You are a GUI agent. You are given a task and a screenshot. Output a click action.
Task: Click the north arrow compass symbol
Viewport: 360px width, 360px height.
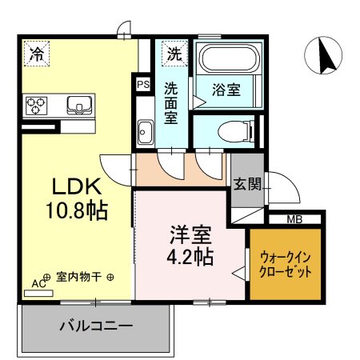tap(323, 55)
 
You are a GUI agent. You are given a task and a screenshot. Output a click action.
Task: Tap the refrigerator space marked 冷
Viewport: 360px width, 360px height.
tap(37, 53)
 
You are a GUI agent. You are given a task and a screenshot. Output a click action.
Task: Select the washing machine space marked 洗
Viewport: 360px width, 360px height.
tap(174, 53)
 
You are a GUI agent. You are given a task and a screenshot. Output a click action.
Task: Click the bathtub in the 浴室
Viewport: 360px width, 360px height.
tap(229, 58)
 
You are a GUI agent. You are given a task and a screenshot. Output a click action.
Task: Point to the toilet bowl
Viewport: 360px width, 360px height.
tap(235, 131)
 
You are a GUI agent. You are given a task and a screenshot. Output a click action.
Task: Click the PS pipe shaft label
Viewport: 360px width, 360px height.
tap(143, 85)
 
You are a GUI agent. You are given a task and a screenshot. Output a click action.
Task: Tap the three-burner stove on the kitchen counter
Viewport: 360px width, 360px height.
tap(36, 106)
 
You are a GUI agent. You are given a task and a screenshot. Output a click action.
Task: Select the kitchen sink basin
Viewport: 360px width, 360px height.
tap(79, 105)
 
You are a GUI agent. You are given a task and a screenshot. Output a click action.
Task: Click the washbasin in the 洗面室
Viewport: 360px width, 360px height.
tap(146, 132)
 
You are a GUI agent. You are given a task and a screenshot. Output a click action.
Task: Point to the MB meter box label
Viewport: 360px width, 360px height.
tap(294, 219)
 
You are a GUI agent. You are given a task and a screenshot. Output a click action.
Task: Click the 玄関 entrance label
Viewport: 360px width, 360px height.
tap(247, 183)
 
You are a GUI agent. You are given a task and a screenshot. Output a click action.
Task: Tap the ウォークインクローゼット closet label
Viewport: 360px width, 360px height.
tap(286, 265)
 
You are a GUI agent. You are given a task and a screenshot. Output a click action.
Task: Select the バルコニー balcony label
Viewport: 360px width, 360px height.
tap(96, 326)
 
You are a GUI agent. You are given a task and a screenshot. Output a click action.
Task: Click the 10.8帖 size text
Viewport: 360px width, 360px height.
tap(77, 210)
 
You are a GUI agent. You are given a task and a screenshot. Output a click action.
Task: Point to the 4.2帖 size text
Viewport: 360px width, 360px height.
tap(190, 257)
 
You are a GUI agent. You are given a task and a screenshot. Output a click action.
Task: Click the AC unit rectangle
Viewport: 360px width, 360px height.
tap(38, 294)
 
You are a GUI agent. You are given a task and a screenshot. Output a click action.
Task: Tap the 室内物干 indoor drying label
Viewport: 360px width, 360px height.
tap(78, 278)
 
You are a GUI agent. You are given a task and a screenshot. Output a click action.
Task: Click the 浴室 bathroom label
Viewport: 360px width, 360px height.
tap(226, 90)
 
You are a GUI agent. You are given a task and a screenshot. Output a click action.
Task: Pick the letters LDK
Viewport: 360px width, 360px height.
tap(77, 186)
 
